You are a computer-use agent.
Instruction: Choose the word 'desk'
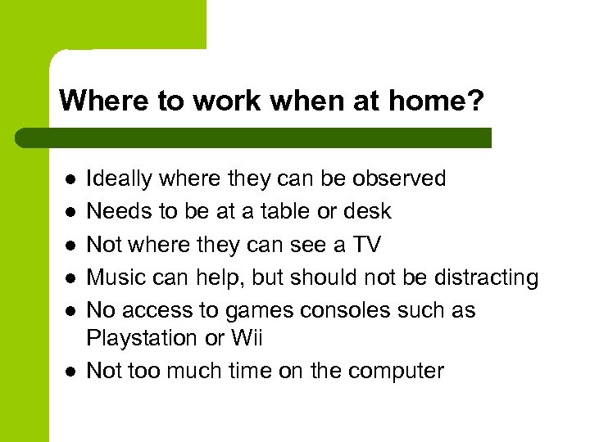click(x=367, y=211)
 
